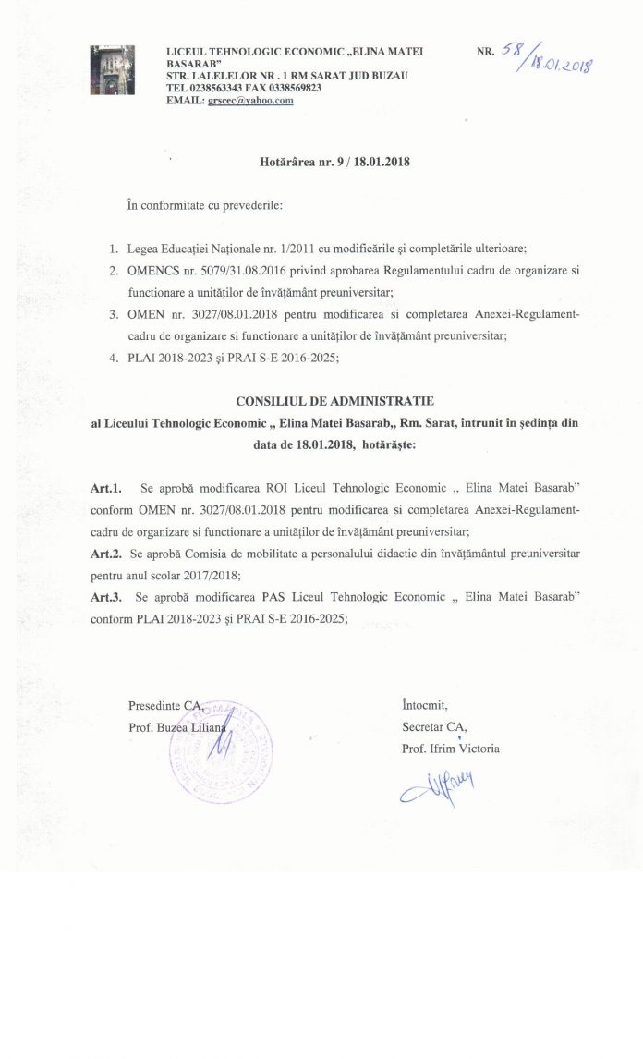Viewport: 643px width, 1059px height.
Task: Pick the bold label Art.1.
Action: pos(105,486)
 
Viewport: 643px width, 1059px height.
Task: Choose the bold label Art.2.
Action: pos(105,553)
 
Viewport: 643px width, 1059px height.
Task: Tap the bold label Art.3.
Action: pos(105,597)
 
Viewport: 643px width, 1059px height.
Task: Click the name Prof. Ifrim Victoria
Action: pos(451,749)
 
